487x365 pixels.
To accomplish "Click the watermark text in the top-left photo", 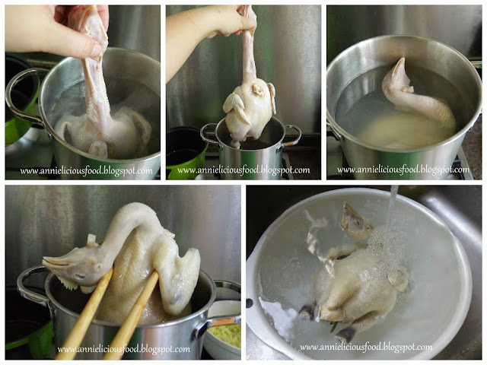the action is click(86, 171).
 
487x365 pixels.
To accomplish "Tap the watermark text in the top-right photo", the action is click(403, 170).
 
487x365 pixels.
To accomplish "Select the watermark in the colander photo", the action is click(366, 347).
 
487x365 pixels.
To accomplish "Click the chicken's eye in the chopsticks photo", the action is click(81, 276).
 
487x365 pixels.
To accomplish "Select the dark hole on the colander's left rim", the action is click(249, 303).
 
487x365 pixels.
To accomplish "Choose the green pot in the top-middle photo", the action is click(186, 153).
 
